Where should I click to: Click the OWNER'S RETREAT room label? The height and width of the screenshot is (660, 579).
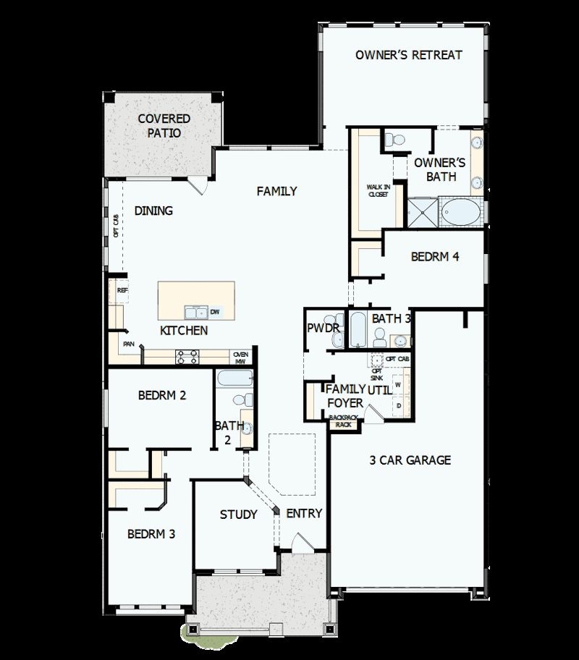click(408, 55)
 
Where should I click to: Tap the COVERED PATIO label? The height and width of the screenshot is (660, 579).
click(164, 126)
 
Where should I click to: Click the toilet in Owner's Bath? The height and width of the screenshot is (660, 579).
click(394, 140)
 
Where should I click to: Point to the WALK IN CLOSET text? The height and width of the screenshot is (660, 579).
click(378, 190)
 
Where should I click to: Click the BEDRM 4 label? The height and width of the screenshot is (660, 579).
click(435, 256)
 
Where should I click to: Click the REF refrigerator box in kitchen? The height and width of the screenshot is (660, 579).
click(122, 290)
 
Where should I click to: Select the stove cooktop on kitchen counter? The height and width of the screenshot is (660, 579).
click(187, 355)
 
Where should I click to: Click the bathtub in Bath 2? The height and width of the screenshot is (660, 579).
click(234, 378)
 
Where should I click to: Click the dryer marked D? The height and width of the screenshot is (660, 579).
click(398, 405)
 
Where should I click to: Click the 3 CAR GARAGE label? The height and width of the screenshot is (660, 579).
click(410, 460)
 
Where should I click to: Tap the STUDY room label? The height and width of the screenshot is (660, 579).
click(239, 515)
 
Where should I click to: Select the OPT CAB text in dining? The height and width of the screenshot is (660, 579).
click(116, 224)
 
